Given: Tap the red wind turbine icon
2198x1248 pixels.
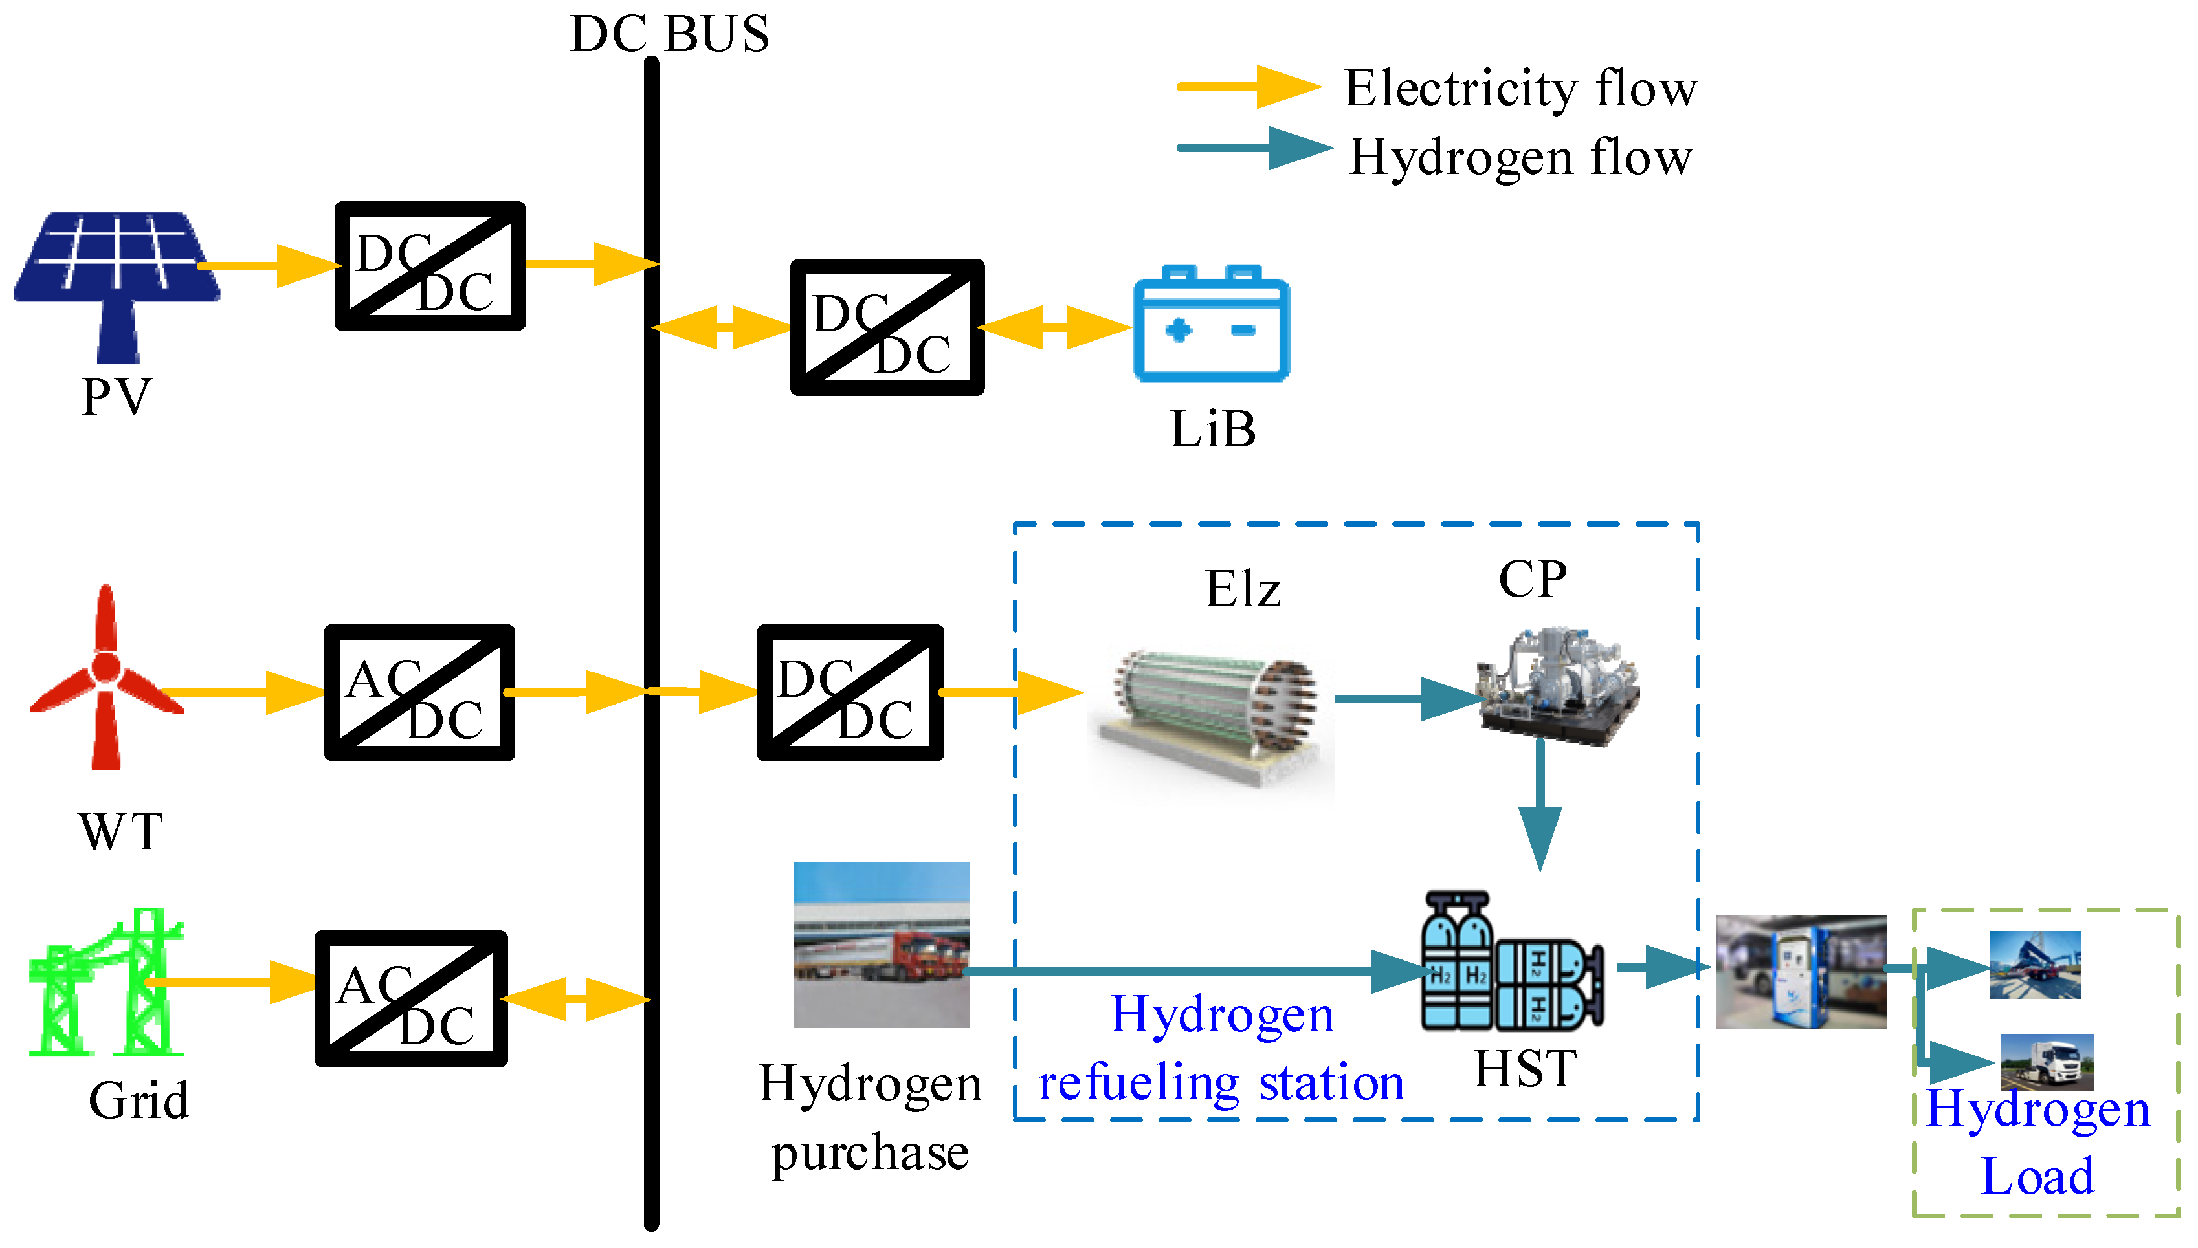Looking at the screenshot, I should tap(105, 677).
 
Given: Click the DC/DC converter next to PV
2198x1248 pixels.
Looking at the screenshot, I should tap(430, 266).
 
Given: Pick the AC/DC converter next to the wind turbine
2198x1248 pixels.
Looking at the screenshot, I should tap(419, 692).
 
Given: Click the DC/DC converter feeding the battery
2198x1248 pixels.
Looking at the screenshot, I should tap(887, 327).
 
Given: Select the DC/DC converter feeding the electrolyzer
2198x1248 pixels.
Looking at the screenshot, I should tap(850, 692).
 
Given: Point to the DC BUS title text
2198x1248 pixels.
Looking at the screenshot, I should tap(669, 34).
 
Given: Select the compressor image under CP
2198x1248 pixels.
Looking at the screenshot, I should tap(1556, 686).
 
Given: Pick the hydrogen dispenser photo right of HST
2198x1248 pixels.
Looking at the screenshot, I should tap(1800, 971).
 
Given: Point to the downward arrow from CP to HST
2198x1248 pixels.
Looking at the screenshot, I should tap(1540, 805).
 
